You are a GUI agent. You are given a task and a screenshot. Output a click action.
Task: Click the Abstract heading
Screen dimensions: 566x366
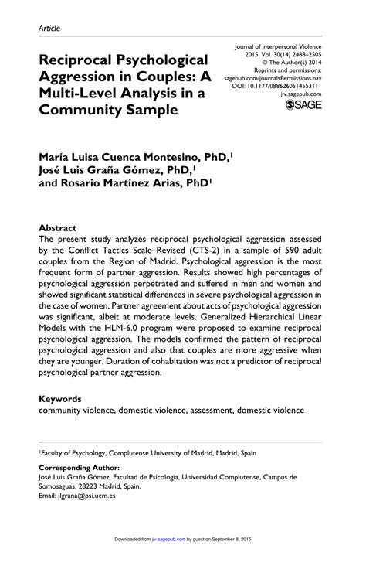tap(58, 229)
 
